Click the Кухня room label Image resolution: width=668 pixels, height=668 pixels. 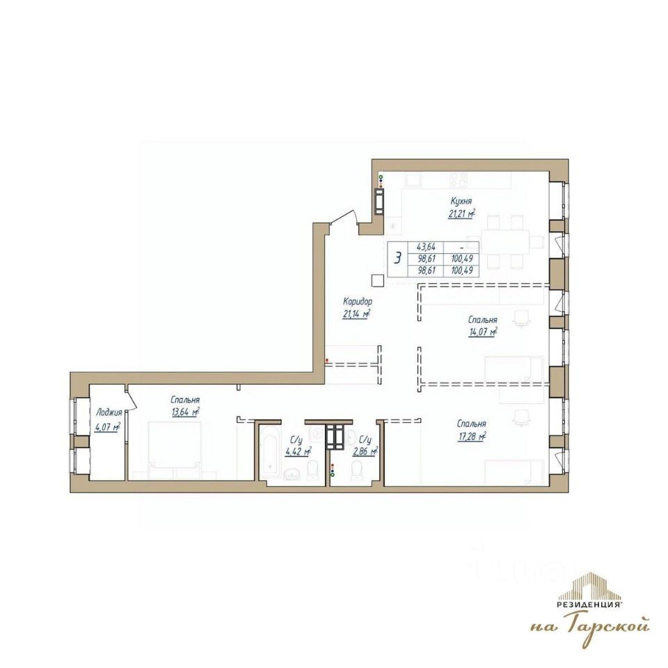coord(461,200)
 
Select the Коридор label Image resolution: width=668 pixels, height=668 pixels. coord(358,301)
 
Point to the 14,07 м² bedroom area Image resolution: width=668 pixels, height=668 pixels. coord(482,332)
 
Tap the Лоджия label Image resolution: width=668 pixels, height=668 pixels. coord(109,413)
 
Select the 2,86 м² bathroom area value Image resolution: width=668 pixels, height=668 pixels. coord(365,452)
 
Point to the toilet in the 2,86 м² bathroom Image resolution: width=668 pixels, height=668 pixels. coord(356,471)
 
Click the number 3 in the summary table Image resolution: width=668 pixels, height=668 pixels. coord(398,259)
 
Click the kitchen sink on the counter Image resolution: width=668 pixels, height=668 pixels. coord(413,180)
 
